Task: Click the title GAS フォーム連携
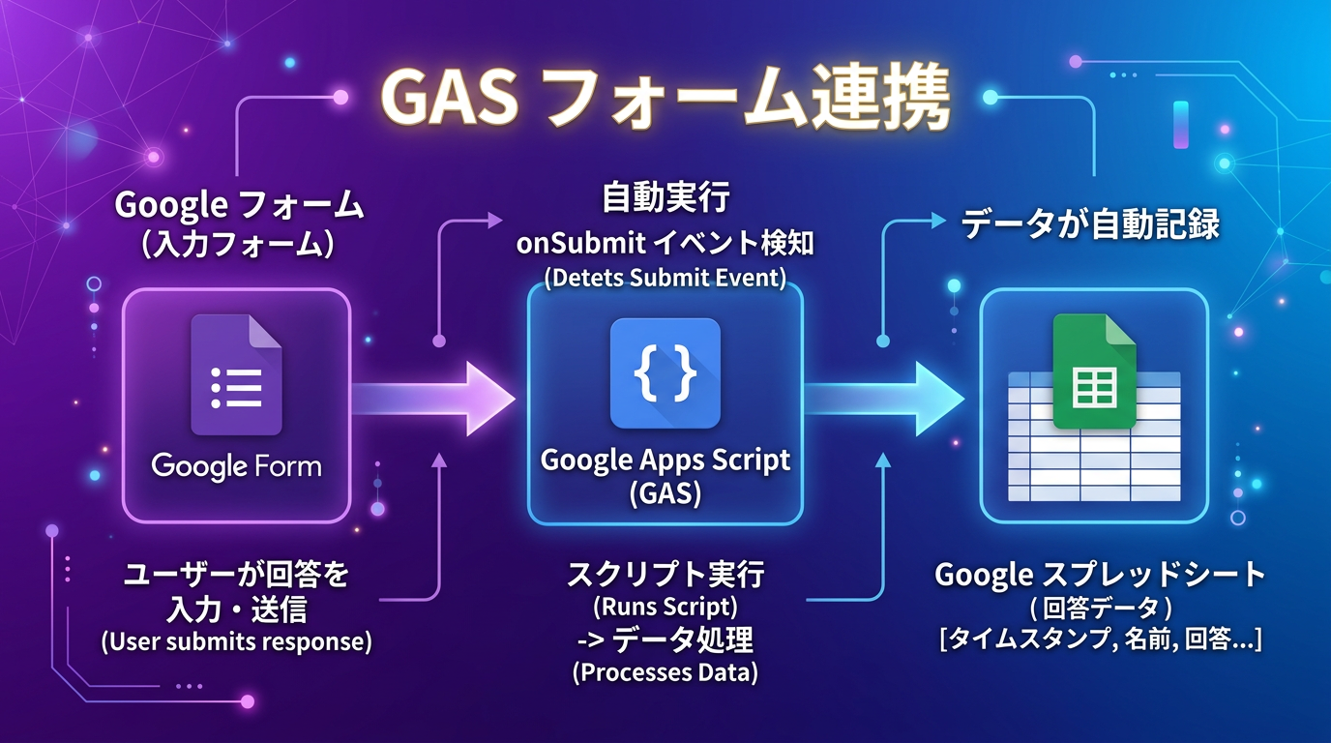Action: pyautogui.click(x=665, y=98)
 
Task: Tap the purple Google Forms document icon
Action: pyautogui.click(x=236, y=375)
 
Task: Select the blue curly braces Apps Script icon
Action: pyautogui.click(x=665, y=372)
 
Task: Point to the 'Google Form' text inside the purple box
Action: pyautogui.click(x=236, y=465)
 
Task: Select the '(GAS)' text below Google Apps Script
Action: pyautogui.click(x=665, y=492)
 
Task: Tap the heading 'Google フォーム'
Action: pyautogui.click(x=239, y=205)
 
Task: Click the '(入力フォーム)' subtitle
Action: pyautogui.click(x=239, y=242)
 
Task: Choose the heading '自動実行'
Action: pyautogui.click(x=665, y=199)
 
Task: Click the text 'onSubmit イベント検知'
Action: pyautogui.click(x=665, y=242)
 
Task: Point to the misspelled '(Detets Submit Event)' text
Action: pyautogui.click(x=665, y=278)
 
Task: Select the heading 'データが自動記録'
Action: pyautogui.click(x=1090, y=224)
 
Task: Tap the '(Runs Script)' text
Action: pyautogui.click(x=665, y=608)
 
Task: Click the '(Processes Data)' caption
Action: pyautogui.click(x=665, y=672)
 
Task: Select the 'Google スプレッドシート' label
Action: pyautogui.click(x=1100, y=575)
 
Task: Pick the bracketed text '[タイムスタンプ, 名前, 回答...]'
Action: pyautogui.click(x=1100, y=639)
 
